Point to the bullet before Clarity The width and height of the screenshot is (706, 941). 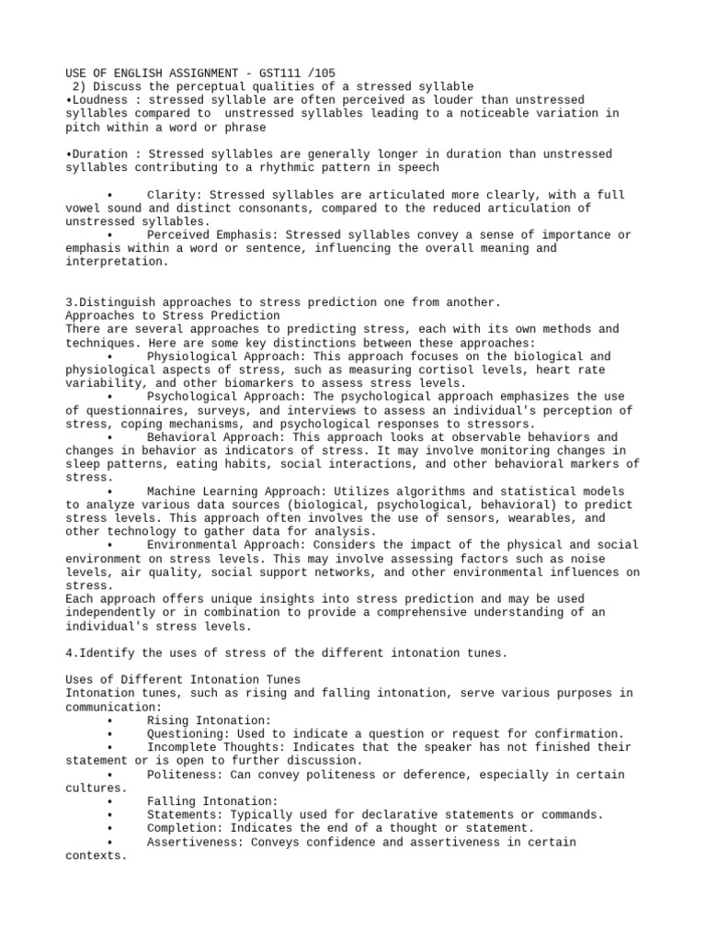coord(108,196)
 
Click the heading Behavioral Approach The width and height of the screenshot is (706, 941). coord(211,437)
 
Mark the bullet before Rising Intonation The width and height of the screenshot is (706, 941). coord(108,720)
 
